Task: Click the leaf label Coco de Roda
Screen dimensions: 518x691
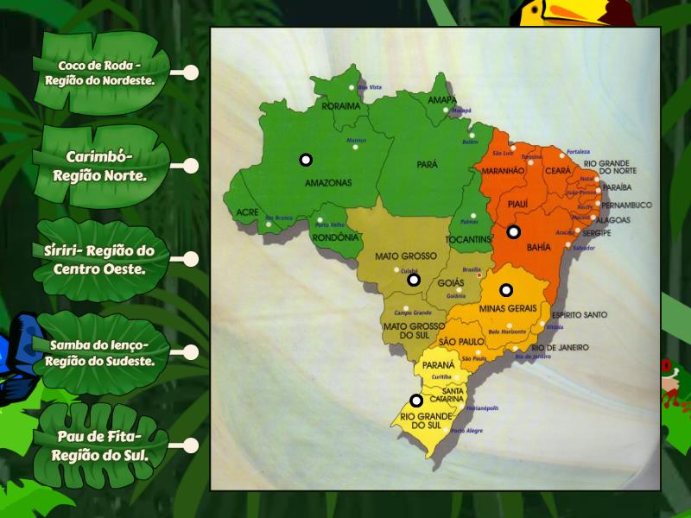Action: (100, 73)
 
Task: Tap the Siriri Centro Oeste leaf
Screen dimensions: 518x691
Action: (100, 259)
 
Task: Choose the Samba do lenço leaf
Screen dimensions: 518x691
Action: (100, 352)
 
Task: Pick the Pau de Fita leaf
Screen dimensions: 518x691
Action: (100, 445)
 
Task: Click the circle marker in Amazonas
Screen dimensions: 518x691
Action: (306, 160)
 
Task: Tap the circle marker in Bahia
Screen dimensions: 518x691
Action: (513, 231)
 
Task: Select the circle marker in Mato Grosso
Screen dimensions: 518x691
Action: (414, 280)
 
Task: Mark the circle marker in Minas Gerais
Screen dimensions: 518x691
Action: (506, 290)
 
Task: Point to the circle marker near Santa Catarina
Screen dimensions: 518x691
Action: (416, 401)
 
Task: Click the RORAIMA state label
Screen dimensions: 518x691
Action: (340, 107)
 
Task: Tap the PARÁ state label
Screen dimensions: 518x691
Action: (427, 164)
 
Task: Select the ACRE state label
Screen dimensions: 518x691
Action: (247, 212)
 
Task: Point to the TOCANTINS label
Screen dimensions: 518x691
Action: (467, 239)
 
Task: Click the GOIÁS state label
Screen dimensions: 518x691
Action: (451, 282)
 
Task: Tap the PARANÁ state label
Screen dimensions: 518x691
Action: (439, 365)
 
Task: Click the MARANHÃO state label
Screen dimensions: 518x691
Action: (504, 172)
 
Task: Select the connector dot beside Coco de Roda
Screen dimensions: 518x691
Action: (191, 73)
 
